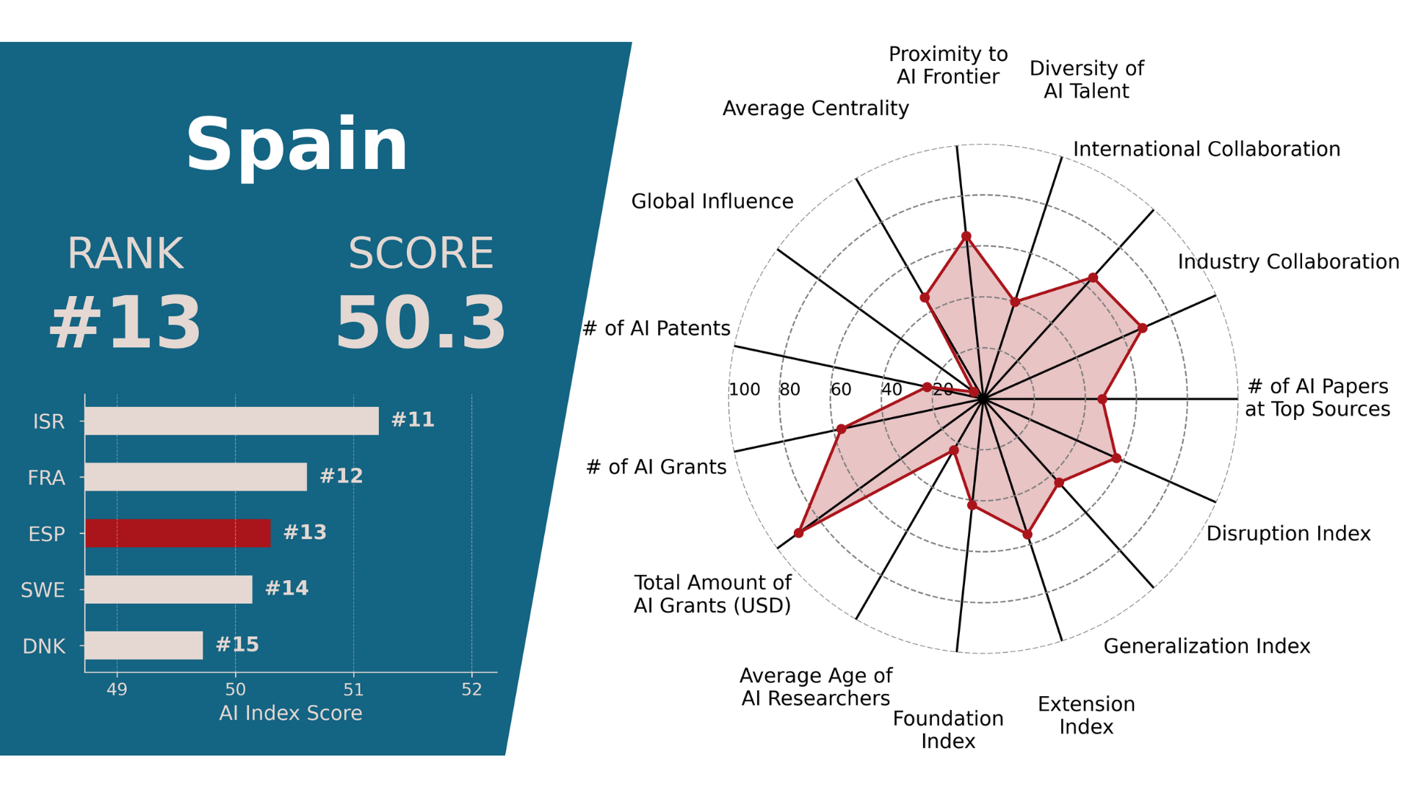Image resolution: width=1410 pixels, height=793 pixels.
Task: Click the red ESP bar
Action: click(178, 533)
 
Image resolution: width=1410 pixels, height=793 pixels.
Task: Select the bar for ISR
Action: click(231, 421)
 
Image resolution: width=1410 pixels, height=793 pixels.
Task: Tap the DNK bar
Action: click(144, 645)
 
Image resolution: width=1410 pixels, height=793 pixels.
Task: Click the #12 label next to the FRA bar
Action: click(341, 476)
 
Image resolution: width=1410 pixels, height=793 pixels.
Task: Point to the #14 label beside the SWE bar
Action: click(286, 588)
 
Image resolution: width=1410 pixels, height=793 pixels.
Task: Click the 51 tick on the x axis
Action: click(353, 689)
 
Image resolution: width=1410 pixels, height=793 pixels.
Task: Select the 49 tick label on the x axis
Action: click(117, 689)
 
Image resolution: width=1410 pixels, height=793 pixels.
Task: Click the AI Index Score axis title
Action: click(291, 713)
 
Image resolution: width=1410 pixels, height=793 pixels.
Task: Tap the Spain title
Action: click(297, 145)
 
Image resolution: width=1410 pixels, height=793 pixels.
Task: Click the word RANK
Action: click(125, 253)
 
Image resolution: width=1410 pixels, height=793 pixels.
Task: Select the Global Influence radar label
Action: click(712, 201)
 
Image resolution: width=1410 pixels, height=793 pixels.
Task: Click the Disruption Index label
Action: click(1288, 533)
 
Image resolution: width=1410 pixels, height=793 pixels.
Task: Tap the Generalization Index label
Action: click(1207, 646)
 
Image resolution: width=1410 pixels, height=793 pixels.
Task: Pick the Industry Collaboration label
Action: click(1288, 261)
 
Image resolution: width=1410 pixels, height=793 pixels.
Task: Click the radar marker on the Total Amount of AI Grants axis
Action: click(799, 532)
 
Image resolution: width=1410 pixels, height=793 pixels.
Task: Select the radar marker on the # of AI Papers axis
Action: click(1102, 399)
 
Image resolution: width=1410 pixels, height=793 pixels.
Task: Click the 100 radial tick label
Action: click(745, 389)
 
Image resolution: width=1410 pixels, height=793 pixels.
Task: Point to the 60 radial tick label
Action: click(841, 389)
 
